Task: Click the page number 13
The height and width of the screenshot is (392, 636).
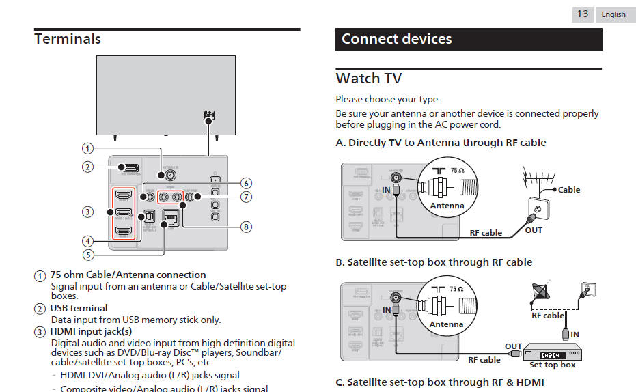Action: [583, 14]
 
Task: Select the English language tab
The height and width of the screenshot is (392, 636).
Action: [613, 14]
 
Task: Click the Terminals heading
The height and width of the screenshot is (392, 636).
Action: [68, 39]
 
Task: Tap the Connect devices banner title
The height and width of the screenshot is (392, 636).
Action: [396, 39]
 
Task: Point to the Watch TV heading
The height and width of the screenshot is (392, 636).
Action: [369, 79]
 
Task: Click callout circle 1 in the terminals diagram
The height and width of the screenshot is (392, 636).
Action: [87, 148]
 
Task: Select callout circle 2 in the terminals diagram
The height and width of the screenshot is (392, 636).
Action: [87, 167]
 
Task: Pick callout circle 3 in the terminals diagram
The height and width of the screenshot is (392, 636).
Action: [87, 212]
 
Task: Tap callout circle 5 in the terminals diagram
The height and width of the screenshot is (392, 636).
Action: [87, 255]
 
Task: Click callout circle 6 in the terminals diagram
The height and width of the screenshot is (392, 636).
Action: [246, 183]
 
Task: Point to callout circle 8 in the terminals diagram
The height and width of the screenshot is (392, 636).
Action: [246, 226]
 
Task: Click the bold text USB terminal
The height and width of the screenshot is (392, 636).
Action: [79, 308]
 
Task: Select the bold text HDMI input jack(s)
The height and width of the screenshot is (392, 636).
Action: [91, 331]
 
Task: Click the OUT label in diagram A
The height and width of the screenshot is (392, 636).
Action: [534, 230]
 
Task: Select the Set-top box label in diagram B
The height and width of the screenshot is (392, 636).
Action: [552, 365]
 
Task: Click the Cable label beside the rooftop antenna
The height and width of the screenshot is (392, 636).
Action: [568, 190]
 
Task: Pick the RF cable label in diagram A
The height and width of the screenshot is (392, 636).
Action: [486, 233]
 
